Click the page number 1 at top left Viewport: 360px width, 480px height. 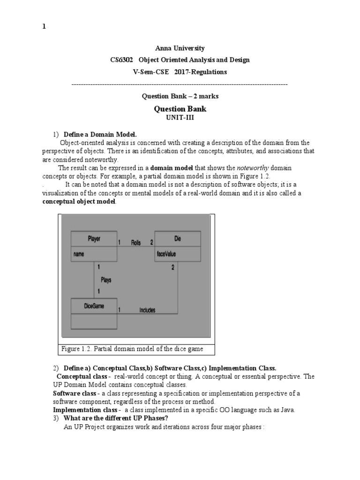44,27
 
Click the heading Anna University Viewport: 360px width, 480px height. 180,48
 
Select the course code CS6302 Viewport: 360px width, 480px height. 121,60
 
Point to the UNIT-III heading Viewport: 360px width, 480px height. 180,118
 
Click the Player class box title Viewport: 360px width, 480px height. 94,238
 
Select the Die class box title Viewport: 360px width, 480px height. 177,238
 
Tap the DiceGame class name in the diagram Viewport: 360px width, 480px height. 94,306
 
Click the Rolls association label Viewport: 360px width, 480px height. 136,243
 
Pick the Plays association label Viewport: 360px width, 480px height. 106,280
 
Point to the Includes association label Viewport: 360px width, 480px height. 147,310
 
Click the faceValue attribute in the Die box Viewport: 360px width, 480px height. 166,255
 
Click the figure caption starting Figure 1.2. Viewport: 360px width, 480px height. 132,349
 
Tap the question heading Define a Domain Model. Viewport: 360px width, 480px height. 100,134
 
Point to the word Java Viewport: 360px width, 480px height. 287,410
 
